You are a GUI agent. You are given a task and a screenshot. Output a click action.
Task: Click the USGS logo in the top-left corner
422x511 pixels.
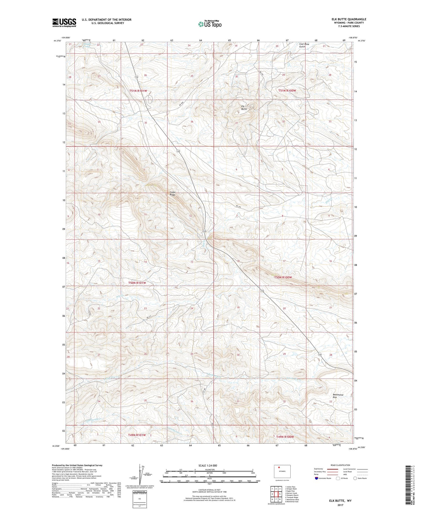(64, 23)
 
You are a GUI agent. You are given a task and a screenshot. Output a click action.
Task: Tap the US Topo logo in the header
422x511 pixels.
(210, 24)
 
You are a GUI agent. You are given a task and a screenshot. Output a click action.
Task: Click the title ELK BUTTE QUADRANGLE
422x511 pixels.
(349, 19)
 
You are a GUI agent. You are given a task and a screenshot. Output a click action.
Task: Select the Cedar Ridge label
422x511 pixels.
(173, 194)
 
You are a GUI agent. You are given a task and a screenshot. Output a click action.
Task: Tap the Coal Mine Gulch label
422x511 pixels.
(304, 45)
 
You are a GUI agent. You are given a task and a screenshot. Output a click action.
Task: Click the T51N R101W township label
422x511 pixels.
(138, 91)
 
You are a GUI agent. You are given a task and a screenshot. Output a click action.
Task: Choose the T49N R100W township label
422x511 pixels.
(285, 437)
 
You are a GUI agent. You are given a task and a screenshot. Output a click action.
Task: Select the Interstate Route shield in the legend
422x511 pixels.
(316, 478)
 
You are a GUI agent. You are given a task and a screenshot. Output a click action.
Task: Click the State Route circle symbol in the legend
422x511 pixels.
(355, 478)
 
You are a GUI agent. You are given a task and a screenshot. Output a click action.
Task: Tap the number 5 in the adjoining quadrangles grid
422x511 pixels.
(280, 494)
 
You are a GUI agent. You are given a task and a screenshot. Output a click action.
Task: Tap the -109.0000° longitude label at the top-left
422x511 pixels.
(66, 37)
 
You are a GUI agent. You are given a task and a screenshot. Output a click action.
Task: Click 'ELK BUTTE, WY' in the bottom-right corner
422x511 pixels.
(340, 501)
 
